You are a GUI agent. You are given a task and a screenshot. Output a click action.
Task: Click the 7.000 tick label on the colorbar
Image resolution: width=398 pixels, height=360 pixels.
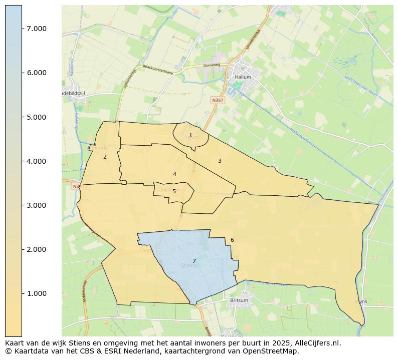click(x=37, y=29)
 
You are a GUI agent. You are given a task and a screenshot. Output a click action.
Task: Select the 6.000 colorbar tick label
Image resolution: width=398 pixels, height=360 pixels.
click(x=37, y=73)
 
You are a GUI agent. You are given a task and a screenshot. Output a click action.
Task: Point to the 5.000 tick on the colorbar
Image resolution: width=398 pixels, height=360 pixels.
click(x=37, y=117)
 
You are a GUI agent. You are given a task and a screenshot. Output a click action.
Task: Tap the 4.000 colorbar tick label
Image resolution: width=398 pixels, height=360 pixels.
click(x=37, y=161)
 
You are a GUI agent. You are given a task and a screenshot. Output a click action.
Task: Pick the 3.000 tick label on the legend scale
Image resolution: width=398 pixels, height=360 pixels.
click(x=37, y=205)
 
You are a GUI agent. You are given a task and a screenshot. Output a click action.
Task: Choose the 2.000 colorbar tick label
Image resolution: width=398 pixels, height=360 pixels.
click(x=37, y=249)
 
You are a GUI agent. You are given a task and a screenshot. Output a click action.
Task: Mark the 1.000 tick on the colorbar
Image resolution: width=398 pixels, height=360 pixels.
click(x=37, y=293)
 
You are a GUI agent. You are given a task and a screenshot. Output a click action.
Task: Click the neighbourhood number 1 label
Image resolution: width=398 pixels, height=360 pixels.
click(x=190, y=135)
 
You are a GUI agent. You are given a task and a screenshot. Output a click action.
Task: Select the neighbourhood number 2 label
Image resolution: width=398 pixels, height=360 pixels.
click(x=105, y=157)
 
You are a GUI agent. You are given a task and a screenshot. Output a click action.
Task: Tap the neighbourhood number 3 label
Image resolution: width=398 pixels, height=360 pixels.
click(x=220, y=161)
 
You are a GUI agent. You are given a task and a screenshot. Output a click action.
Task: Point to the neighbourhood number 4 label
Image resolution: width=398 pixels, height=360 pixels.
click(x=174, y=174)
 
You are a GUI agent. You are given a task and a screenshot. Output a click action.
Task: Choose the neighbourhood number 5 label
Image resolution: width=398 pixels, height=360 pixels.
click(x=174, y=191)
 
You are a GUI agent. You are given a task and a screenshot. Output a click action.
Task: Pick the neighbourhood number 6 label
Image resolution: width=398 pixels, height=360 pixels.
click(x=232, y=240)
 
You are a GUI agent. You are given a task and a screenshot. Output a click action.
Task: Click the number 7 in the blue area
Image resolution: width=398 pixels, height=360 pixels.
click(x=194, y=261)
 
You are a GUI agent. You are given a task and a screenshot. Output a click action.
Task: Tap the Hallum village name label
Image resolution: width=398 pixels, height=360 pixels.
click(x=243, y=78)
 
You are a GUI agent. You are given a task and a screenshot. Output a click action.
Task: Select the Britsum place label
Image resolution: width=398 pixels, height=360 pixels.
click(x=239, y=300)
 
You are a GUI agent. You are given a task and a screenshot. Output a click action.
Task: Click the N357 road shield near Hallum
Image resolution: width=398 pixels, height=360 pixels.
click(x=218, y=100)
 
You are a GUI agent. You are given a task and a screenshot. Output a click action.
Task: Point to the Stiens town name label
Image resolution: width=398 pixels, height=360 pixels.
click(x=188, y=266)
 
